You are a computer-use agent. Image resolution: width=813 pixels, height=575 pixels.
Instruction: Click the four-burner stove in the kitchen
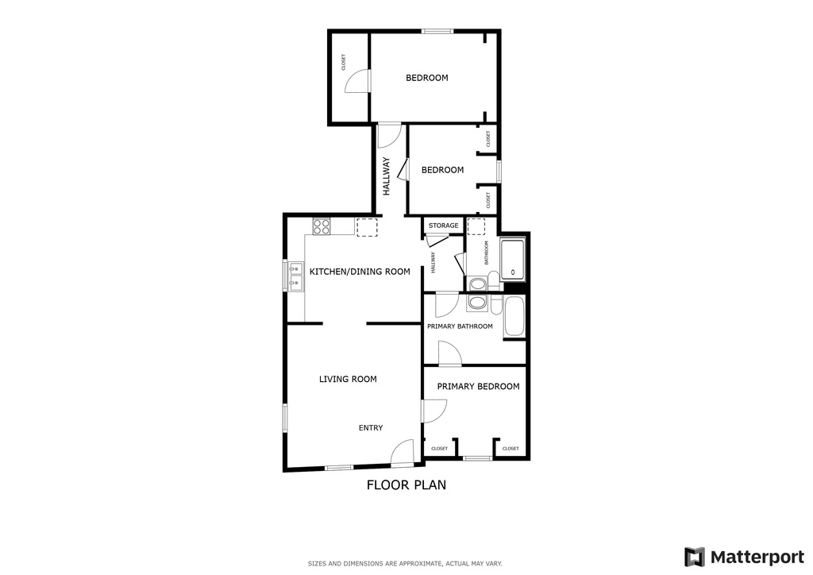pos(322,227)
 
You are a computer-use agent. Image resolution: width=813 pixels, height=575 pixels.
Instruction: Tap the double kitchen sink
pos(295,276)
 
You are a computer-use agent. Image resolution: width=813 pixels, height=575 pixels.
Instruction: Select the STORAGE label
pos(443,226)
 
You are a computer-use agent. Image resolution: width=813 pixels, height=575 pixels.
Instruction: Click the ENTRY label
pos(371,428)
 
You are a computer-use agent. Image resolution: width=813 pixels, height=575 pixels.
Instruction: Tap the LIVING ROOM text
pos(348,380)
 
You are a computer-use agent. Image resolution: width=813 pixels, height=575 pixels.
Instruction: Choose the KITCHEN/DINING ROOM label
pos(360,272)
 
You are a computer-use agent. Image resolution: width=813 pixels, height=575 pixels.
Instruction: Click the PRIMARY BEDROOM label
pos(478,387)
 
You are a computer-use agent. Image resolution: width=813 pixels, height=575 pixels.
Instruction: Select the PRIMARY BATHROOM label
pos(460,326)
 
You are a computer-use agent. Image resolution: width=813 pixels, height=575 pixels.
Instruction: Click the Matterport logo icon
pos(695,557)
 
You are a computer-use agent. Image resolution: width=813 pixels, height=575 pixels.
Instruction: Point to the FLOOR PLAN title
pos(406,484)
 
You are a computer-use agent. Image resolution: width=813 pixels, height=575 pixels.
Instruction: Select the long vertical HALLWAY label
pos(387,176)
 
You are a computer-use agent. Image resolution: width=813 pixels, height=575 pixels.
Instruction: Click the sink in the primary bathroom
pos(477,303)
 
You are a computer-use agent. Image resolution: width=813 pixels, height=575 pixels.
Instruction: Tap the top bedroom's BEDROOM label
pos(427,78)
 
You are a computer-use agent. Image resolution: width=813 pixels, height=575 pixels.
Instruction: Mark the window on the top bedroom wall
pos(436,31)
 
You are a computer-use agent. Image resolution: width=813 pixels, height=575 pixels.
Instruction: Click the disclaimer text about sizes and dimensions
pos(405,564)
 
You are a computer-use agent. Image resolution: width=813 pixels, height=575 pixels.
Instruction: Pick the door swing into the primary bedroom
pos(434,410)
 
